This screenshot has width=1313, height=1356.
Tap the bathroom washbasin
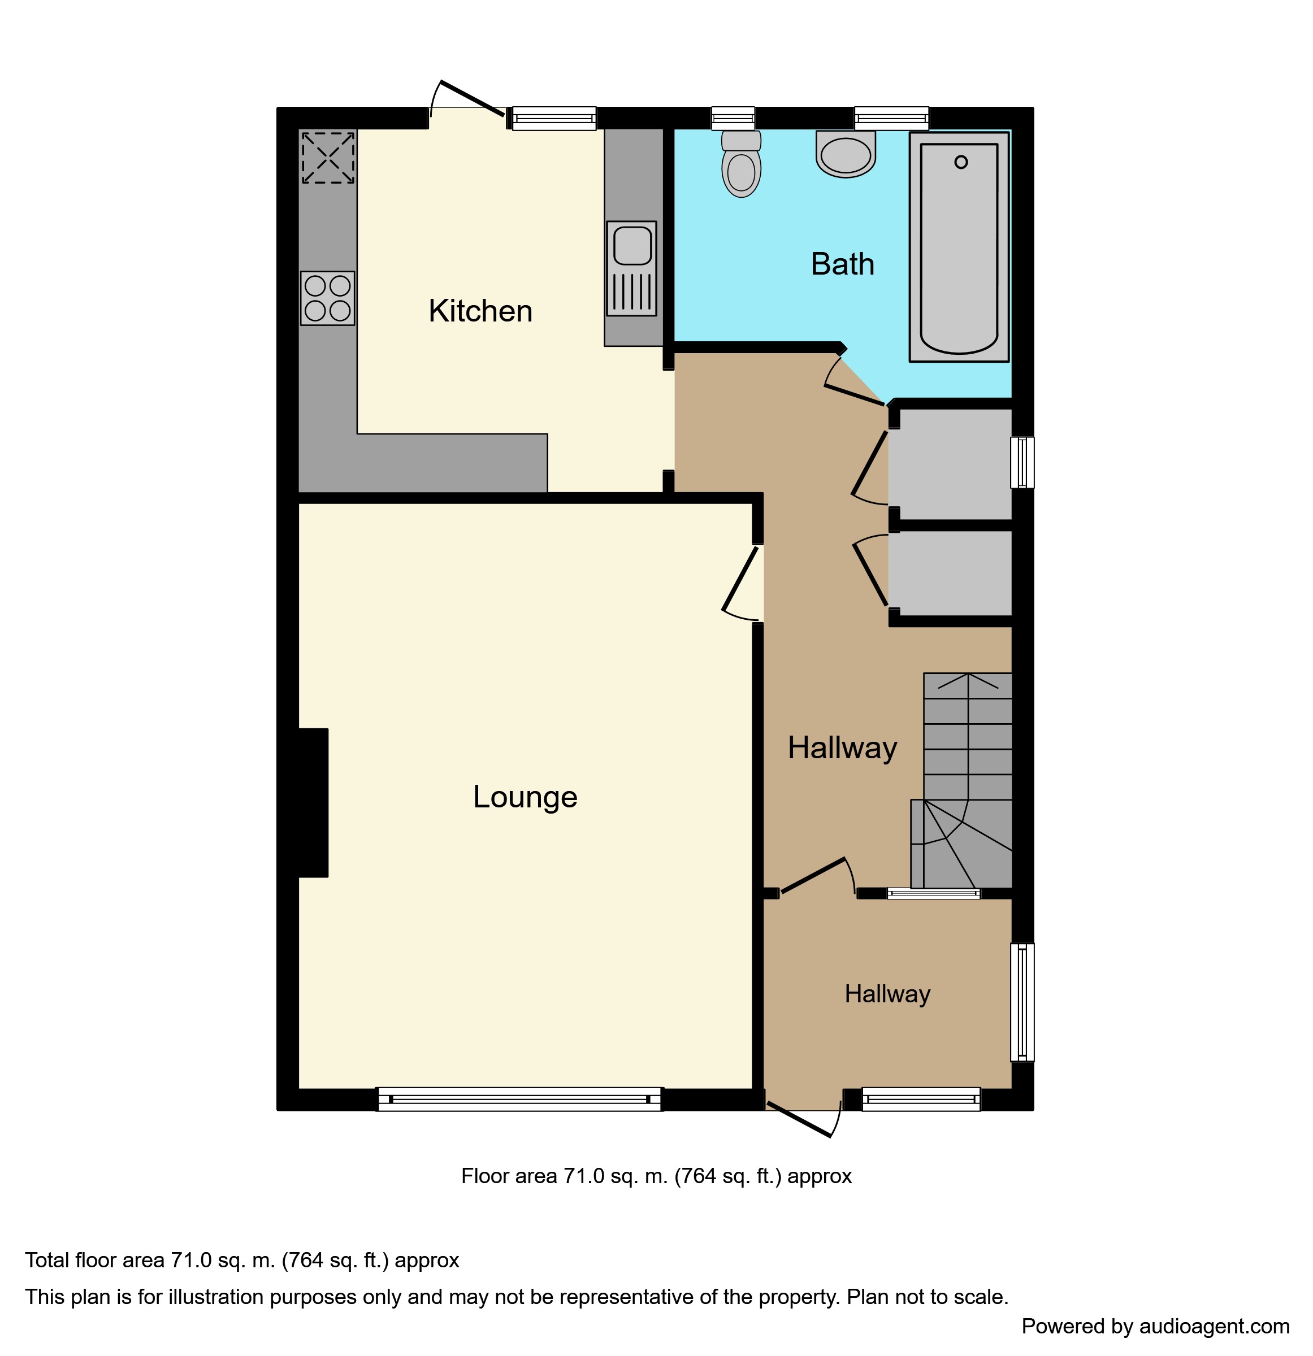click(845, 154)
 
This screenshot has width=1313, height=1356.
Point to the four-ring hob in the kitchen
click(327, 298)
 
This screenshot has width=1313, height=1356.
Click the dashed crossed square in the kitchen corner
click(328, 158)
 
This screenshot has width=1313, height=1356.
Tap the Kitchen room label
click(480, 311)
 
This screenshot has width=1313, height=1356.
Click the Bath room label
click(842, 264)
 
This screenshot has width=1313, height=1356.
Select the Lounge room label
click(525, 797)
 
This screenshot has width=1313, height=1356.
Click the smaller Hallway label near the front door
click(887, 994)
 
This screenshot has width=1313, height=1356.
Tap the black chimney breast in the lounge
click(313, 802)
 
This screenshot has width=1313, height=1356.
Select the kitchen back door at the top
click(471, 98)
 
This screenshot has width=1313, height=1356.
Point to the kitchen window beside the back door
click(554, 118)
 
